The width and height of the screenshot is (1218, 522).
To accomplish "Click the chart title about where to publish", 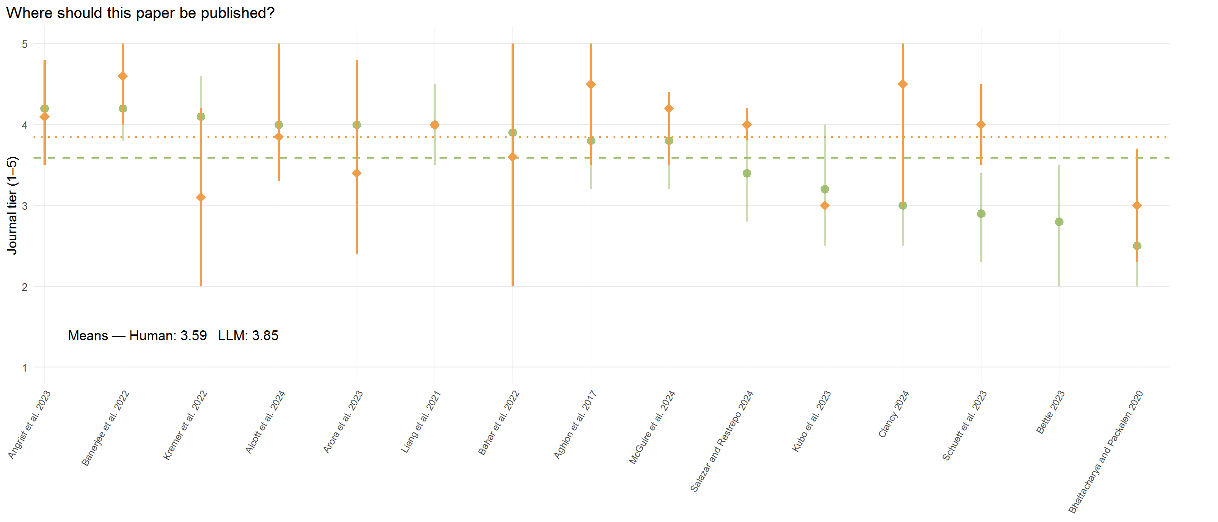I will pyautogui.click(x=140, y=13).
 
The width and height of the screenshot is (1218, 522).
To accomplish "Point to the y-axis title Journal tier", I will pyautogui.click(x=12, y=205).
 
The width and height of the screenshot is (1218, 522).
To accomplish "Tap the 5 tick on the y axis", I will pyautogui.click(x=24, y=44).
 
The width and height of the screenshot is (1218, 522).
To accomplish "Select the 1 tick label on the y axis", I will pyautogui.click(x=24, y=367).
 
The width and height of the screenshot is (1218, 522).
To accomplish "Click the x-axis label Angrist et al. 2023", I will pyautogui.click(x=29, y=425).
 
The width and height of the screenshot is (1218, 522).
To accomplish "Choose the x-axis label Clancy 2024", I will pyautogui.click(x=894, y=414).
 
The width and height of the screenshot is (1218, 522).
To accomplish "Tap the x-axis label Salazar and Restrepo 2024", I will pyautogui.click(x=721, y=441).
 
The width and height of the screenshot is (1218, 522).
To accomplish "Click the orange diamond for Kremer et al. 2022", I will pyautogui.click(x=201, y=197).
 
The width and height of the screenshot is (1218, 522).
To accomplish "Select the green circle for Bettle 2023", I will pyautogui.click(x=1059, y=222).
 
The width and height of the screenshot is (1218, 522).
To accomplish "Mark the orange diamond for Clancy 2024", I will pyautogui.click(x=903, y=84).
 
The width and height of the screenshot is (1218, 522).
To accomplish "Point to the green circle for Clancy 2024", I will pyautogui.click(x=903, y=206).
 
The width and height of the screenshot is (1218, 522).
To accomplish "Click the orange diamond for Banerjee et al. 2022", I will pyautogui.click(x=123, y=76).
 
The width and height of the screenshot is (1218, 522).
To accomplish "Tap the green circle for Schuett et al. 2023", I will pyautogui.click(x=981, y=214).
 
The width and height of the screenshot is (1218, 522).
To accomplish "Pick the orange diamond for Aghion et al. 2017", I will pyautogui.click(x=591, y=84).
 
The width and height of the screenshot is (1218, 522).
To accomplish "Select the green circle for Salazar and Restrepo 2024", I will pyautogui.click(x=747, y=174).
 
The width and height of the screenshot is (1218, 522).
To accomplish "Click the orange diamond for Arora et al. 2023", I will pyautogui.click(x=357, y=174).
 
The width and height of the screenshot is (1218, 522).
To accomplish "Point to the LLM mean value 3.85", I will pyautogui.click(x=265, y=336).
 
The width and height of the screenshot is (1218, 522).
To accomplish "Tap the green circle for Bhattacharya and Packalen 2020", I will pyautogui.click(x=1137, y=246).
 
